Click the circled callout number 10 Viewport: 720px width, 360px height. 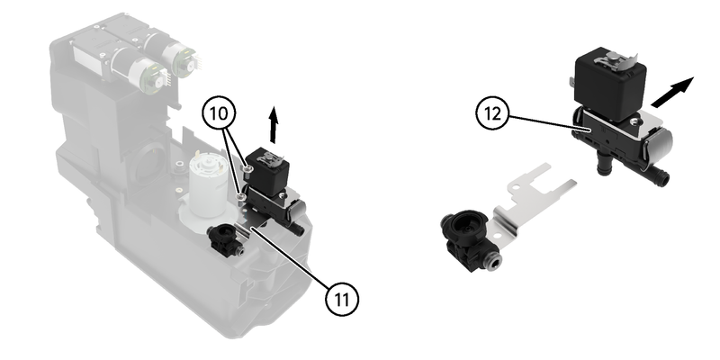pos(219,113)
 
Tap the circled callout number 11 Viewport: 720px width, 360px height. pos(342,300)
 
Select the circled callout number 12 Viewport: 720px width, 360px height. pos(492,113)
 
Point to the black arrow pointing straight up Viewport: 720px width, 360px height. pos(274,124)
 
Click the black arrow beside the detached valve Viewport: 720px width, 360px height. pos(672,93)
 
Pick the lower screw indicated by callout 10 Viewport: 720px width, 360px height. pos(240,197)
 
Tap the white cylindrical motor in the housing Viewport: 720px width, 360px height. pos(209,188)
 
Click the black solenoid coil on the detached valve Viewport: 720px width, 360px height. pos(610,85)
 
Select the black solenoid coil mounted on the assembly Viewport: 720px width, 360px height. pos(265,172)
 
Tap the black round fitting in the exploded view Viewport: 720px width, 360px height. pos(469,238)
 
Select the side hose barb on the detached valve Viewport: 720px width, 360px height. pos(659,175)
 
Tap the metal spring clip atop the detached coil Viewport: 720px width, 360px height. pos(614,59)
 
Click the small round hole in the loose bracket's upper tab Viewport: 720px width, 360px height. pos(517,187)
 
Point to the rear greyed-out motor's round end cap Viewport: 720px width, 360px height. pos(178,59)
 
